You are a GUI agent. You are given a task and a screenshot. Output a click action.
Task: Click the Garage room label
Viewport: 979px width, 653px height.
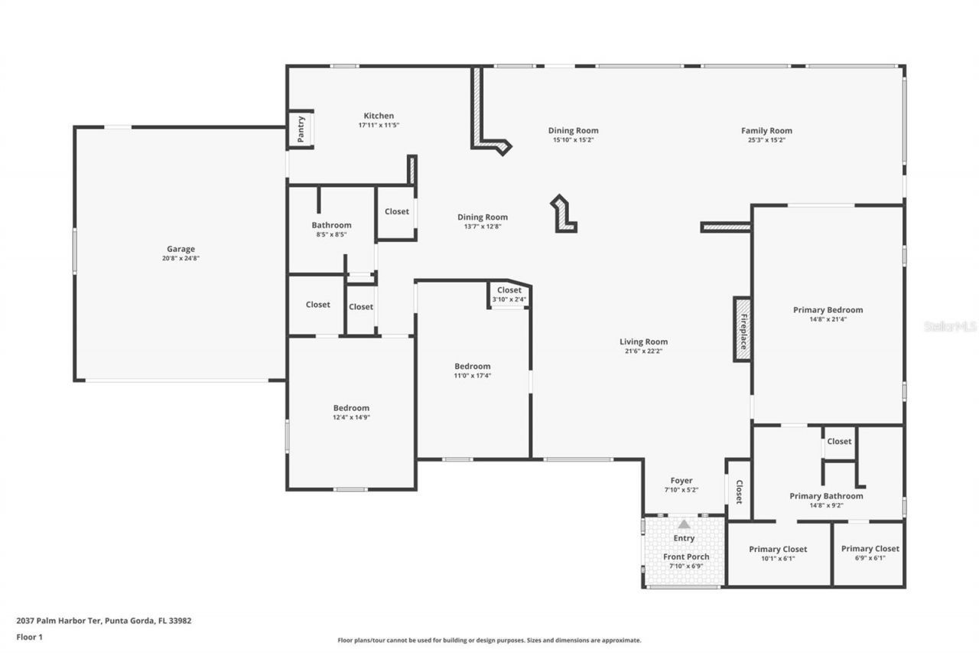pyautogui.click(x=181, y=249)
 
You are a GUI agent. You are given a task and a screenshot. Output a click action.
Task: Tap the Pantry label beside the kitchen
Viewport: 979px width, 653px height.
pyautogui.click(x=301, y=129)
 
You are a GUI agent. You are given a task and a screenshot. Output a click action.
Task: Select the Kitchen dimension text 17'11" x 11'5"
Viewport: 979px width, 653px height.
pyautogui.click(x=379, y=125)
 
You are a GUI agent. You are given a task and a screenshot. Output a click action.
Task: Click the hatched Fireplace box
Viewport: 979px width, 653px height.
pyautogui.click(x=742, y=329)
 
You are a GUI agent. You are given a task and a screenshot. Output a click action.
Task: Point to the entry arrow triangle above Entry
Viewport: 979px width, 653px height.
pyautogui.click(x=684, y=524)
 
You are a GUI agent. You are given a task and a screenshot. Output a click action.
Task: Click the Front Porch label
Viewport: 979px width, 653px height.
pyautogui.click(x=685, y=557)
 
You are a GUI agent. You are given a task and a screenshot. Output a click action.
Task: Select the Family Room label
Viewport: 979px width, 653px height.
pyautogui.click(x=766, y=131)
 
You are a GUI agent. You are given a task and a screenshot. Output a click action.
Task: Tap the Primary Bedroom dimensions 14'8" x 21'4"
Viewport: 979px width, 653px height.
pyautogui.click(x=828, y=319)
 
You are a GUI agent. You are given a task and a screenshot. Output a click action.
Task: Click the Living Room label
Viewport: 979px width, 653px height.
pyautogui.click(x=643, y=342)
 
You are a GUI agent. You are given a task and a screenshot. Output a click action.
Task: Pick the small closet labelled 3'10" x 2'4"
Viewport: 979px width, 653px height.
pyautogui.click(x=509, y=294)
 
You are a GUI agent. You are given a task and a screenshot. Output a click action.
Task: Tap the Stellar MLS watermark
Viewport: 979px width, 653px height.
pyautogui.click(x=950, y=326)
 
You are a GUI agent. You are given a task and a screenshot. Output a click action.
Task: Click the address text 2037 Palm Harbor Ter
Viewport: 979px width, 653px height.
pyautogui.click(x=104, y=621)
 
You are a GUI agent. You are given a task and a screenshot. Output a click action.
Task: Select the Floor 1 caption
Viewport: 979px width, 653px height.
pyautogui.click(x=29, y=636)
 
